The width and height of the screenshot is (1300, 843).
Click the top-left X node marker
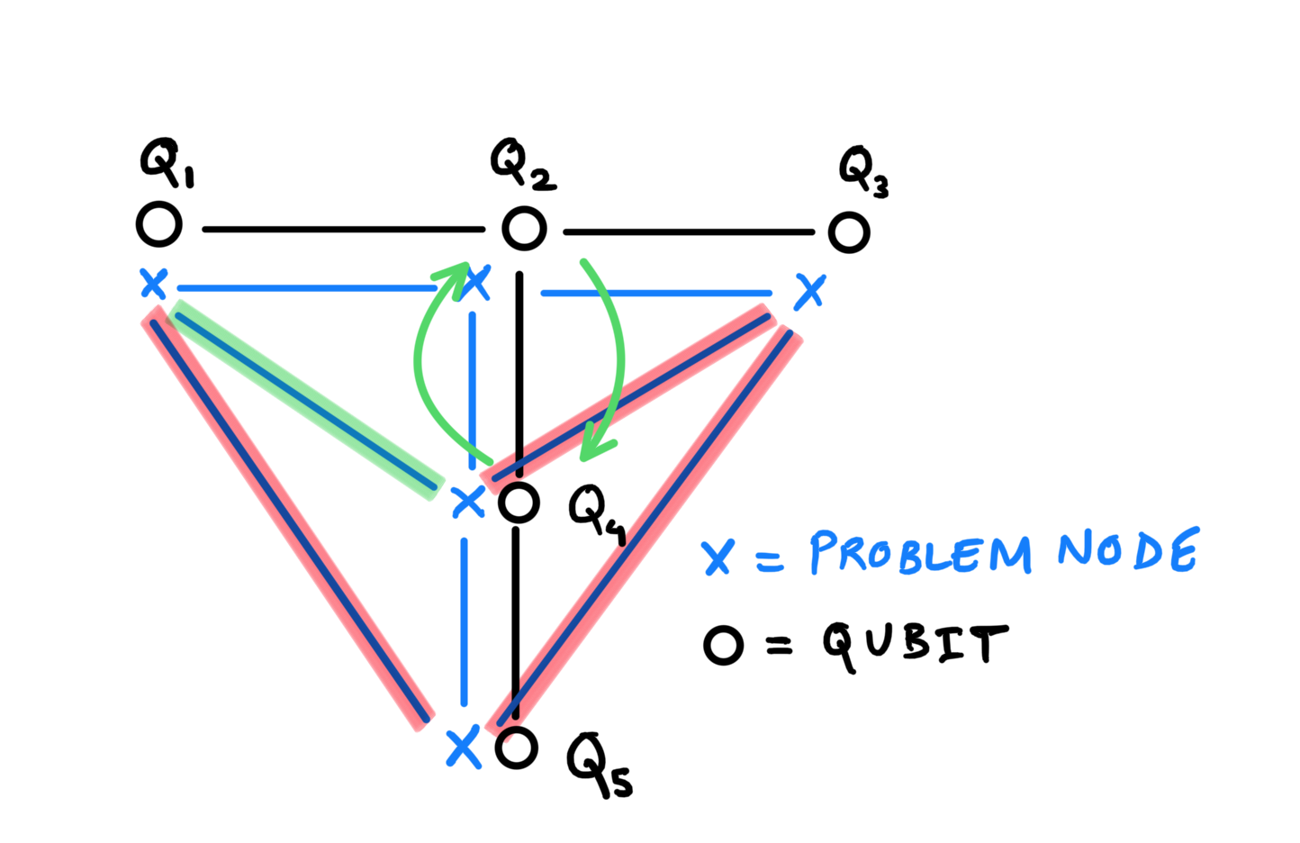(154, 284)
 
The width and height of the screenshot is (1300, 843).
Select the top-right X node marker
(810, 292)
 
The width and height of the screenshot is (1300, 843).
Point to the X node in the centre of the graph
(468, 502)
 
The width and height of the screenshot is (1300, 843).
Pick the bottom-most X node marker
(464, 748)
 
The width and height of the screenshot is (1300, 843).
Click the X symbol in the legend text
(718, 557)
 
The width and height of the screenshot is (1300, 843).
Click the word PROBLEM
(919, 552)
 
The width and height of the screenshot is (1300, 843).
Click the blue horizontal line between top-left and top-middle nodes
(306, 289)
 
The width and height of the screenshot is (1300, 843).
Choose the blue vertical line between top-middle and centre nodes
(473, 387)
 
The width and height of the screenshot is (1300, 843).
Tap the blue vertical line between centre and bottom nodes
(464, 621)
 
